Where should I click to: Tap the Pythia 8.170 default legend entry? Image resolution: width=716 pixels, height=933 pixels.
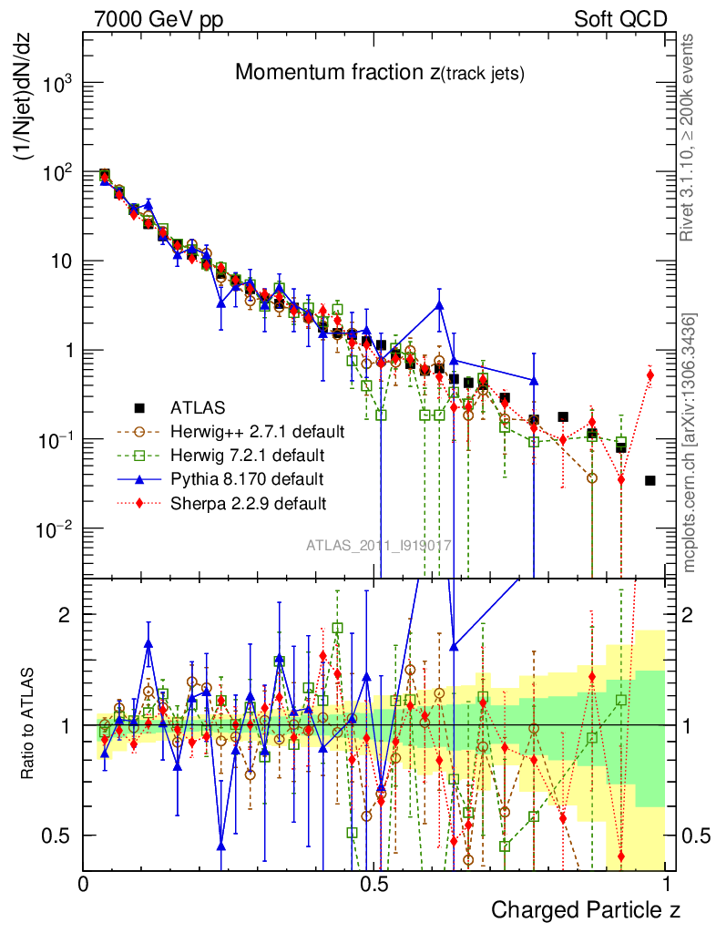(x=246, y=478)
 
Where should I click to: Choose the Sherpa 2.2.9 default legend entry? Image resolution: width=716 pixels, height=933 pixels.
(x=248, y=502)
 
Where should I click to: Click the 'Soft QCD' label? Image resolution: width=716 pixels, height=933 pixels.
(x=620, y=18)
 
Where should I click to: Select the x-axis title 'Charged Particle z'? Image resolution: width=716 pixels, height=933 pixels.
(x=586, y=909)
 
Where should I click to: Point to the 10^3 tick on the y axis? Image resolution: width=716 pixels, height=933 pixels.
(x=56, y=84)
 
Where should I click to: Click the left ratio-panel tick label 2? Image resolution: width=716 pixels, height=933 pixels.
(x=65, y=614)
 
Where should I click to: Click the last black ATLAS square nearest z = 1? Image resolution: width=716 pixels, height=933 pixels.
(x=650, y=480)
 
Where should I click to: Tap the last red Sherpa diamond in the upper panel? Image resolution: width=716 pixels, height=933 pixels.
(x=650, y=374)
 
